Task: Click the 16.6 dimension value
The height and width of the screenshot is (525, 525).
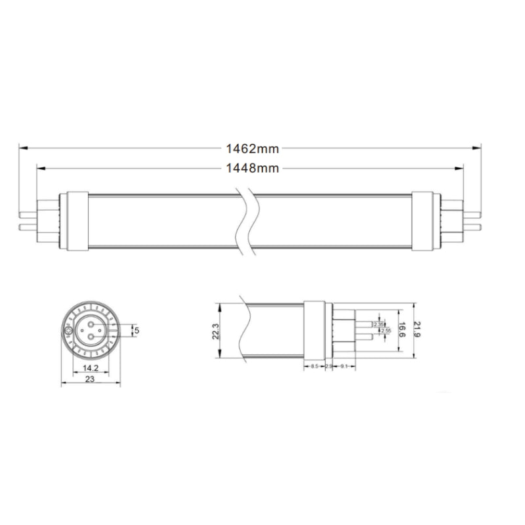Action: tap(401, 331)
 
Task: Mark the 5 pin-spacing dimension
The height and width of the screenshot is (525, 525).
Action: tap(136, 331)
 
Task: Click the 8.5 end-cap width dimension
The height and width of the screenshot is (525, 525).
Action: tap(314, 366)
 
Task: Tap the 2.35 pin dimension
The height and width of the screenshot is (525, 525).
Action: tap(379, 324)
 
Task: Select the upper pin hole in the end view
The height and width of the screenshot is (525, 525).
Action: tap(91, 324)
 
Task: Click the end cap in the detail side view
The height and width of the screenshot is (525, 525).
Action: tap(315, 331)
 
